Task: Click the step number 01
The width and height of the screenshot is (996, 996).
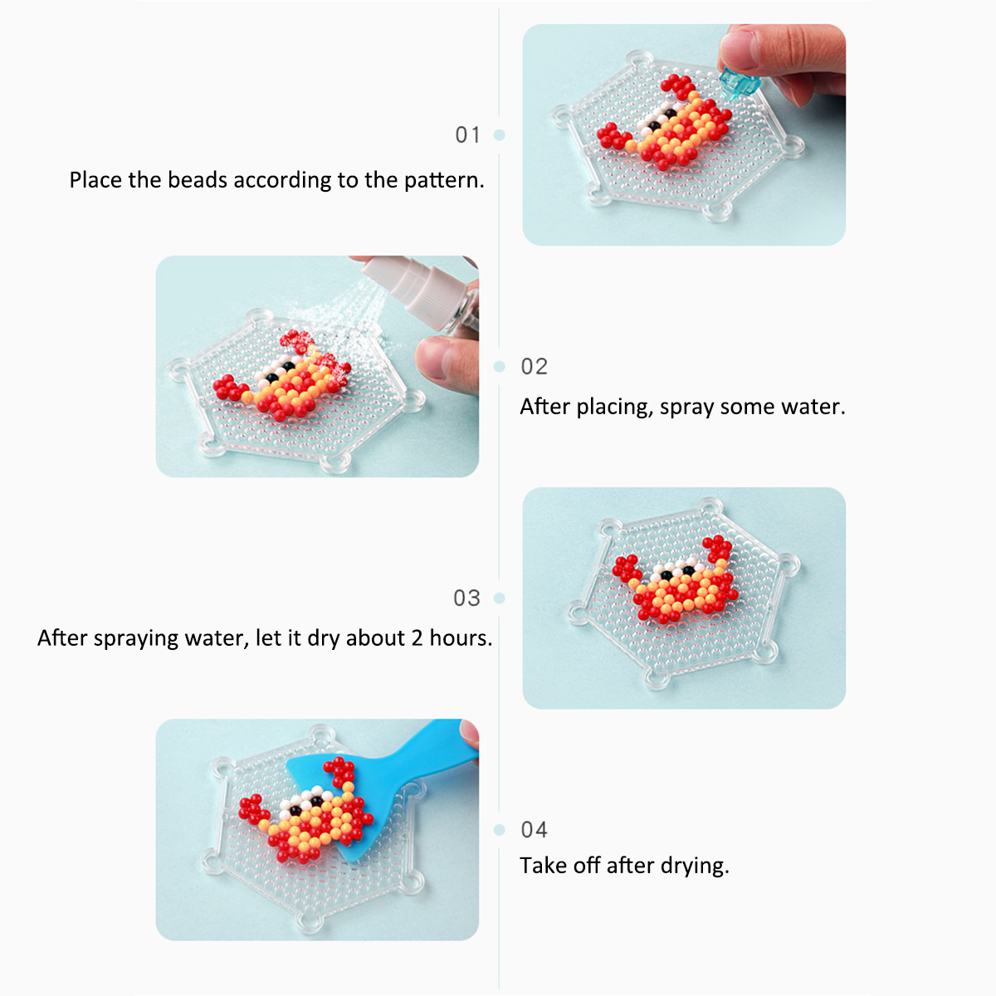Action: pos(468,135)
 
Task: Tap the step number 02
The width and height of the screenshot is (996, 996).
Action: pos(534,367)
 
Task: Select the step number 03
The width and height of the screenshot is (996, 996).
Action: pos(466,598)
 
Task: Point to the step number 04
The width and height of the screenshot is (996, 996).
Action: pos(534,829)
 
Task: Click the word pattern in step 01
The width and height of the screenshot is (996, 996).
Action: pos(443,180)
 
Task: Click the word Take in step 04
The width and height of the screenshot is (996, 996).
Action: pos(543,866)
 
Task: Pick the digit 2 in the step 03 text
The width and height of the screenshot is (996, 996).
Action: pos(417,639)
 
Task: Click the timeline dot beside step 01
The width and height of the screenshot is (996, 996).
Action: pos(500,135)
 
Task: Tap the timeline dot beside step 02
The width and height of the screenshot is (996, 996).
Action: pos(500,367)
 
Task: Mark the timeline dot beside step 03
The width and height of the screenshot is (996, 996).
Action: pos(500,598)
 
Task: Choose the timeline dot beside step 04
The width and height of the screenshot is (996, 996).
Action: pos(500,829)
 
